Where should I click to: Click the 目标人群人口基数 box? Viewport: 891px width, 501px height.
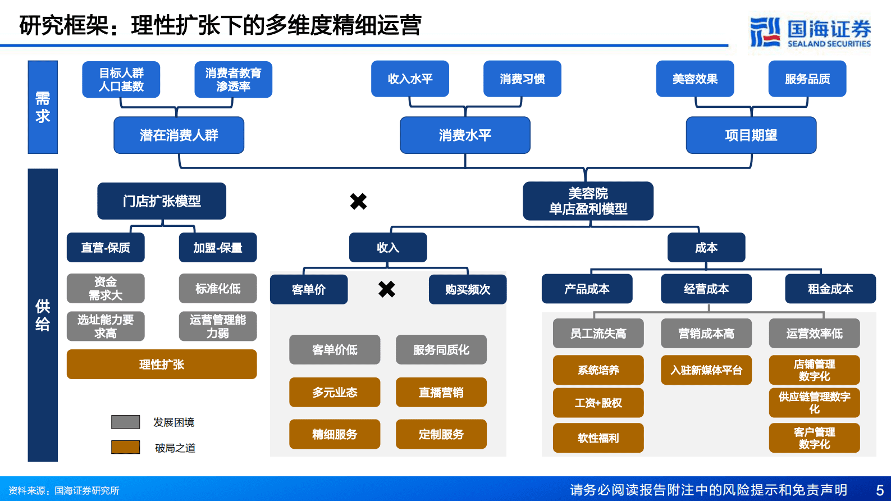coord(121,80)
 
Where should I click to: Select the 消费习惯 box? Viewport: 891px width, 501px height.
coord(522,79)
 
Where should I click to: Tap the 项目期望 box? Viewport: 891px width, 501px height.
coord(751,135)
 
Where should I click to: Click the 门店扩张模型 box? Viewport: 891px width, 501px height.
coord(162,201)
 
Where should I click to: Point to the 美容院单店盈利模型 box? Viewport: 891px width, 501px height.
coord(588,201)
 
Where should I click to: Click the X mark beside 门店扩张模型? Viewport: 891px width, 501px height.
coord(358,201)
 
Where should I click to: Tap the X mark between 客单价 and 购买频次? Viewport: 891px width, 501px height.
coord(387,289)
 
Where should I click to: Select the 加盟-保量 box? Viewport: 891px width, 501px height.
coord(218,248)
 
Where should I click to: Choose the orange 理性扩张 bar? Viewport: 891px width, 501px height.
coord(162,365)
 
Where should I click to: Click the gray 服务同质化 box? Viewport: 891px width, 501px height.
coord(441,350)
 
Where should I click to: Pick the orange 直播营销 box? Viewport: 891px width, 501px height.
coord(441,392)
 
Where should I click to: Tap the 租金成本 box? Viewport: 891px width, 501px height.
coord(830,289)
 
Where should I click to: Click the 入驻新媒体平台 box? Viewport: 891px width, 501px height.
coord(706,370)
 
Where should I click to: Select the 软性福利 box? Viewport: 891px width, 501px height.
coord(598,438)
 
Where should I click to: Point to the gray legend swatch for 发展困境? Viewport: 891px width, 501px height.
coord(125,422)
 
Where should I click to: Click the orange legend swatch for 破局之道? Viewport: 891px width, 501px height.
coord(125,447)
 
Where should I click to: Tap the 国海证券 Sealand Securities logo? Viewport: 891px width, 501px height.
coord(810,33)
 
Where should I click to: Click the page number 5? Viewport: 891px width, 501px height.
coord(880,490)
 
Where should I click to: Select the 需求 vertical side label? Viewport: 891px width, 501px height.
coord(43,107)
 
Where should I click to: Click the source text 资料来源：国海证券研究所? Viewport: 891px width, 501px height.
coord(63,490)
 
